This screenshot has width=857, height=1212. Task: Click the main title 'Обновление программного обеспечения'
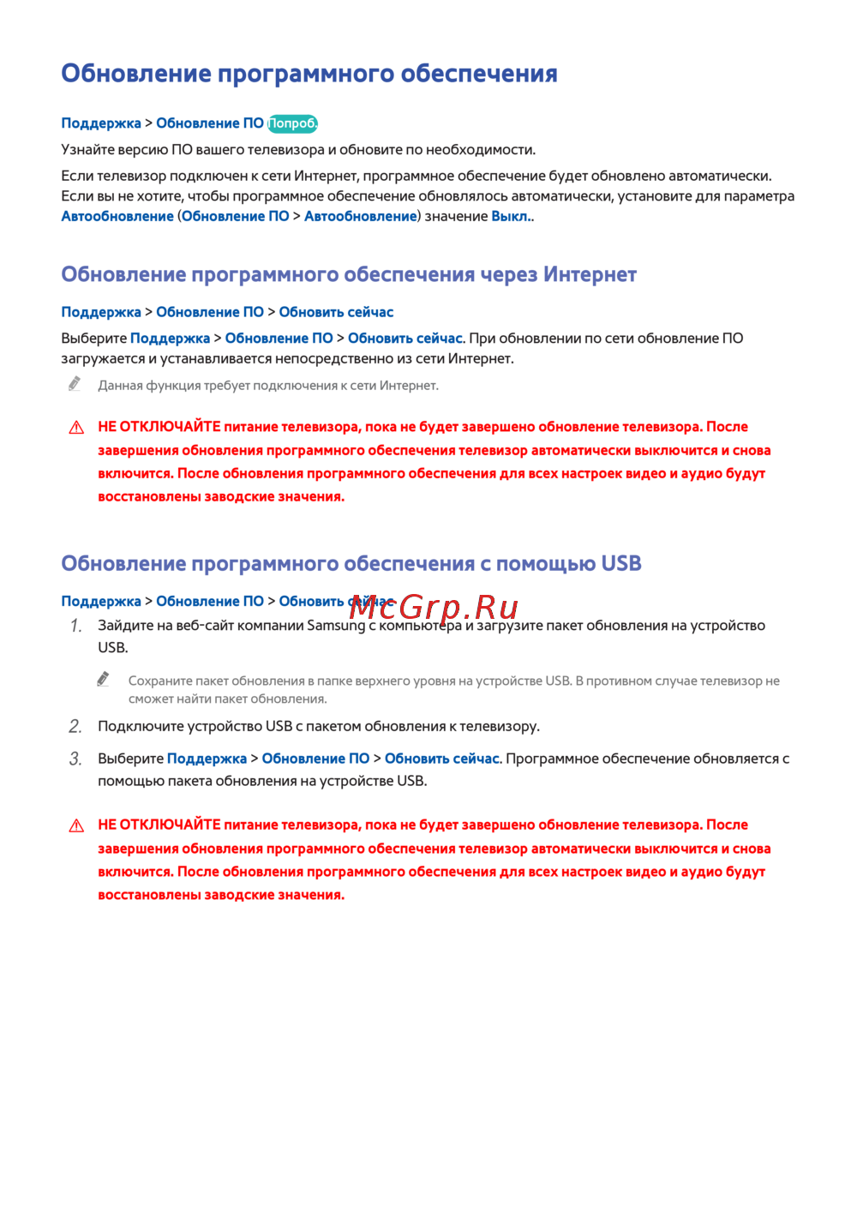coord(309,74)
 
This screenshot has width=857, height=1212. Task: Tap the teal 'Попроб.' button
coord(292,123)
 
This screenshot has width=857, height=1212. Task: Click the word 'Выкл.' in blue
coord(511,217)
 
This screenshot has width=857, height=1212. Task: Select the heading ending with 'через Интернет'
coord(349,275)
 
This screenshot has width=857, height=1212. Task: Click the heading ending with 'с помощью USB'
coord(351,564)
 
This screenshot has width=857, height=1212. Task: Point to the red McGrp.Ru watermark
coord(434,607)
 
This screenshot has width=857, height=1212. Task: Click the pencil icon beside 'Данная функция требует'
coord(75,384)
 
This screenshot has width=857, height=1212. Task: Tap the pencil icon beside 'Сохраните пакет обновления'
coord(104,679)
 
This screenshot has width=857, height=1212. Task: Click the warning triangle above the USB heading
coord(76,428)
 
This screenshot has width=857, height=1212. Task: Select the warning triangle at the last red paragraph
coord(76,826)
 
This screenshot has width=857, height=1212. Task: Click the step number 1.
coord(75,627)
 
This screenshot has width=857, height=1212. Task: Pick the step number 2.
coord(75,727)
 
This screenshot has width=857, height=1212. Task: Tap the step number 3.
coord(75,759)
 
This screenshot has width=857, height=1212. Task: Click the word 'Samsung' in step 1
coord(336,626)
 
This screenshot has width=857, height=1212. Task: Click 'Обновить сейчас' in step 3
coord(441,759)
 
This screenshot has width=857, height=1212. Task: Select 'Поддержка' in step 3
coord(207,759)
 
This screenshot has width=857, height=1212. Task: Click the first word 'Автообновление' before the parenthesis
coord(117,217)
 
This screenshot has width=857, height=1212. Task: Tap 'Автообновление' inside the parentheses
coord(360,217)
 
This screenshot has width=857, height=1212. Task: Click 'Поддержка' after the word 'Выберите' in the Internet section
coord(170,339)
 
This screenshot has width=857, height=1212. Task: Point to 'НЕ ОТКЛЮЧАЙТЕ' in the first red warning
coord(159,427)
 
